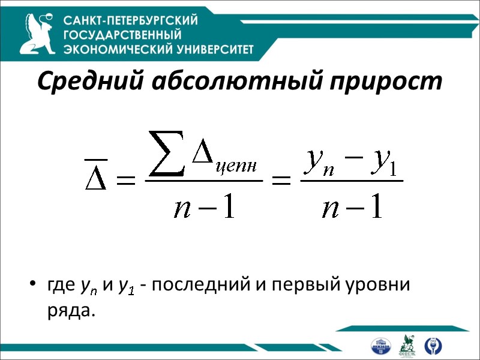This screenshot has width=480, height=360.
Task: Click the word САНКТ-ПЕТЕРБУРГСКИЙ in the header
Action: [131, 21]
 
